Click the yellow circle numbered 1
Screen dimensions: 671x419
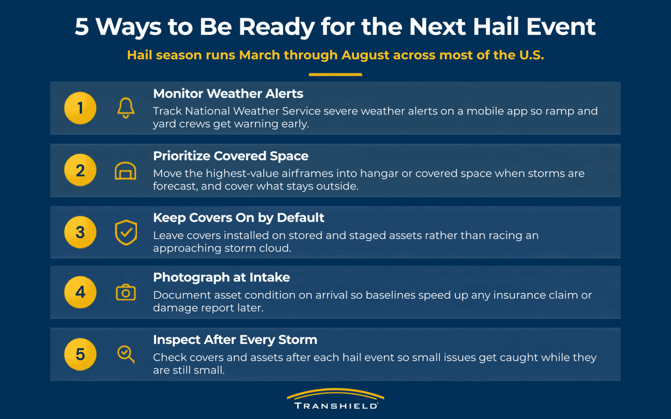tap(80, 108)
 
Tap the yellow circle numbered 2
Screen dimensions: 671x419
tap(80, 170)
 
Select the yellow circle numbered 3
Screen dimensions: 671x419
tap(80, 232)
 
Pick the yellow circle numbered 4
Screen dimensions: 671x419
tap(80, 292)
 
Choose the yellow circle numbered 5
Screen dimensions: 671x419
tap(80, 354)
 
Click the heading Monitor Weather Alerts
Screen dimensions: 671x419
tap(228, 94)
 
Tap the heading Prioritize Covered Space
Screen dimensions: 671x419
tap(231, 156)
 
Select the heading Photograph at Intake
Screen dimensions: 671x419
tap(221, 277)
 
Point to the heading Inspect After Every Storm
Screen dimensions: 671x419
tap(235, 340)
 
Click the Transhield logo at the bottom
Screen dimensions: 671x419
tap(335, 399)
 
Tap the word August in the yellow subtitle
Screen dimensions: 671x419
tap(365, 55)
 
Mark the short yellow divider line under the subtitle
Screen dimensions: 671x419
tap(335, 74)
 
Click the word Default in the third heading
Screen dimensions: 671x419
tap(300, 218)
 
